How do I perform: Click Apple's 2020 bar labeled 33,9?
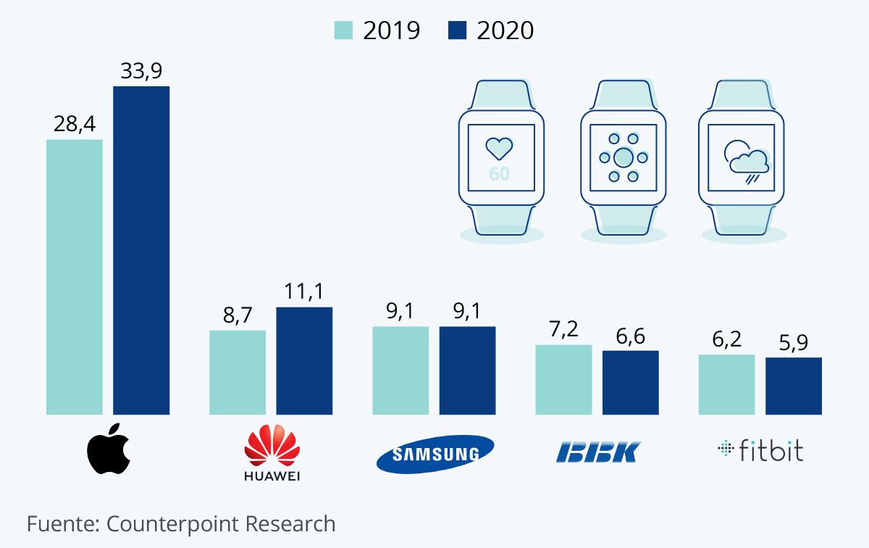coord(141,250)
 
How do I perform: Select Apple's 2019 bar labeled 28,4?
coord(75,277)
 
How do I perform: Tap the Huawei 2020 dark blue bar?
coord(304,360)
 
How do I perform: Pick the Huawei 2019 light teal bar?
coord(238,372)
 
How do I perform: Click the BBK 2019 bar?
coord(563,379)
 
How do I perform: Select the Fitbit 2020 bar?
coord(794,386)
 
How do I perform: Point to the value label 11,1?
coord(304,291)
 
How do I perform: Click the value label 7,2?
coord(563,329)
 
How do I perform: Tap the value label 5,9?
coord(794,341)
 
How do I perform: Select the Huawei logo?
coord(272,453)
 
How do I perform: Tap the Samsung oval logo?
coord(435,454)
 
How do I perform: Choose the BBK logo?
coord(598,452)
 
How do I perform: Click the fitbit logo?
coord(760,450)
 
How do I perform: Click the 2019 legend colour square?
coord(343,30)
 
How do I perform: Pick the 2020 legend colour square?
coord(458,30)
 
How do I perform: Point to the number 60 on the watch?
coord(499,174)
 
